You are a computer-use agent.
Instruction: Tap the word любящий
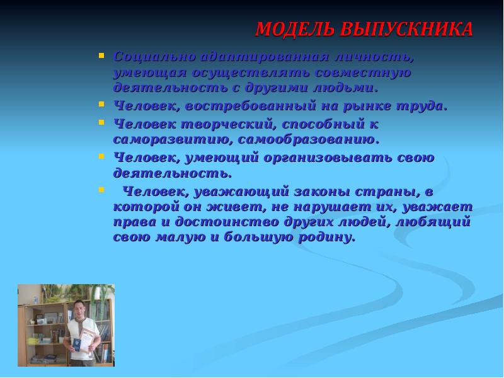[435, 222]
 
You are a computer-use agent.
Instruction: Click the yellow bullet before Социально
[101, 55]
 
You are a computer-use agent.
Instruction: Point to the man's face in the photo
[79, 309]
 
